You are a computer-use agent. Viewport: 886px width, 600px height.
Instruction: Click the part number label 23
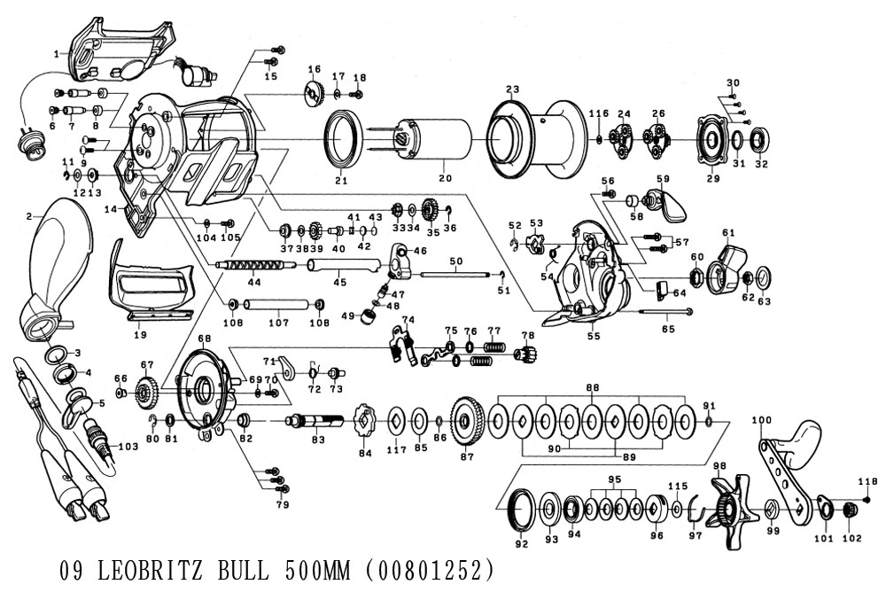(x=512, y=90)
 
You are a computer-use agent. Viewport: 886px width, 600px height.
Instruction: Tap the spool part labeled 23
(x=532, y=139)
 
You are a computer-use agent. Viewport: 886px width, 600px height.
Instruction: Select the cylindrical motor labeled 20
(x=435, y=140)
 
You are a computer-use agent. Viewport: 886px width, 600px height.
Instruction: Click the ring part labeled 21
(x=342, y=140)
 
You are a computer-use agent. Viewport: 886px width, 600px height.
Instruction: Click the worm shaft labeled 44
(x=257, y=264)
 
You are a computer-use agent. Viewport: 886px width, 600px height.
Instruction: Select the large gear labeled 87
(x=467, y=422)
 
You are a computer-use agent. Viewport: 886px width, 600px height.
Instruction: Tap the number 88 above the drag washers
(x=592, y=387)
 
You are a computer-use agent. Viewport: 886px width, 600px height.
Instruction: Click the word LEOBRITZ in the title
(x=150, y=570)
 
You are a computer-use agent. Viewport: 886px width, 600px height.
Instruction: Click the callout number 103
(x=128, y=447)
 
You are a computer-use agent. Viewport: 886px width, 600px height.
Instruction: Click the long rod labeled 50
(x=454, y=275)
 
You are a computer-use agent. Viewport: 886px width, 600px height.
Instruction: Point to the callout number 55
(x=594, y=336)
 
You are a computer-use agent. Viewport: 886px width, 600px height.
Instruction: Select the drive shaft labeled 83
(x=315, y=422)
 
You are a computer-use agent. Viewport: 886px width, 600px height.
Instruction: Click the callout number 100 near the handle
(x=762, y=420)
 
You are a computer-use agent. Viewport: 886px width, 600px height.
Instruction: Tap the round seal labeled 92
(x=521, y=510)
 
